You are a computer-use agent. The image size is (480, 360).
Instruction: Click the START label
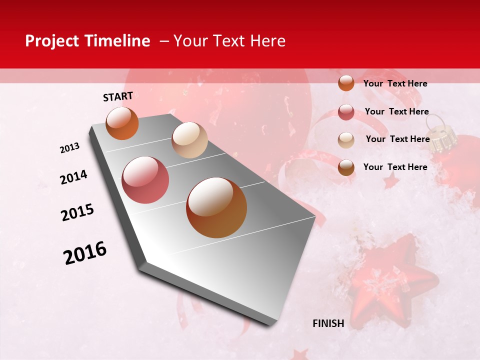(118, 96)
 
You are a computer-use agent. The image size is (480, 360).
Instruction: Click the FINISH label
(328, 323)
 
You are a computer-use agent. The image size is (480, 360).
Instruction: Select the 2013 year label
(70, 148)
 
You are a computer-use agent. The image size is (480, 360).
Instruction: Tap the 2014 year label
(73, 177)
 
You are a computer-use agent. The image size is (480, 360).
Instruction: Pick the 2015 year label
(77, 212)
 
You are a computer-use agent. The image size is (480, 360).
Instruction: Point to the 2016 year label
(85, 253)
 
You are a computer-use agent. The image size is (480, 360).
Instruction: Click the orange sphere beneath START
(122, 123)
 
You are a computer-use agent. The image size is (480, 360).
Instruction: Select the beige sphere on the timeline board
(189, 140)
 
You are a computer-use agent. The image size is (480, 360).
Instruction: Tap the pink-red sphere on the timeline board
(145, 180)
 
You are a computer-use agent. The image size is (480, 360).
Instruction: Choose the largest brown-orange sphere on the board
(216, 207)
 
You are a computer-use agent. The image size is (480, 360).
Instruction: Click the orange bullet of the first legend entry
(346, 83)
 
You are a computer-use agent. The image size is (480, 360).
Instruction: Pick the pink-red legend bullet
(346, 112)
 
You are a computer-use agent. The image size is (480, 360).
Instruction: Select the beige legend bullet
(346, 140)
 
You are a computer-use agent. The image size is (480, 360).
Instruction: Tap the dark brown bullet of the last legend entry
(346, 167)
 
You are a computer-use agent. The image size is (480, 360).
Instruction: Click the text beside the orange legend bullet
(395, 83)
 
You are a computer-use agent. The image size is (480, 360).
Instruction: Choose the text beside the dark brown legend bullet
(395, 167)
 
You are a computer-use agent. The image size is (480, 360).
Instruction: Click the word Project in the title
(52, 41)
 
